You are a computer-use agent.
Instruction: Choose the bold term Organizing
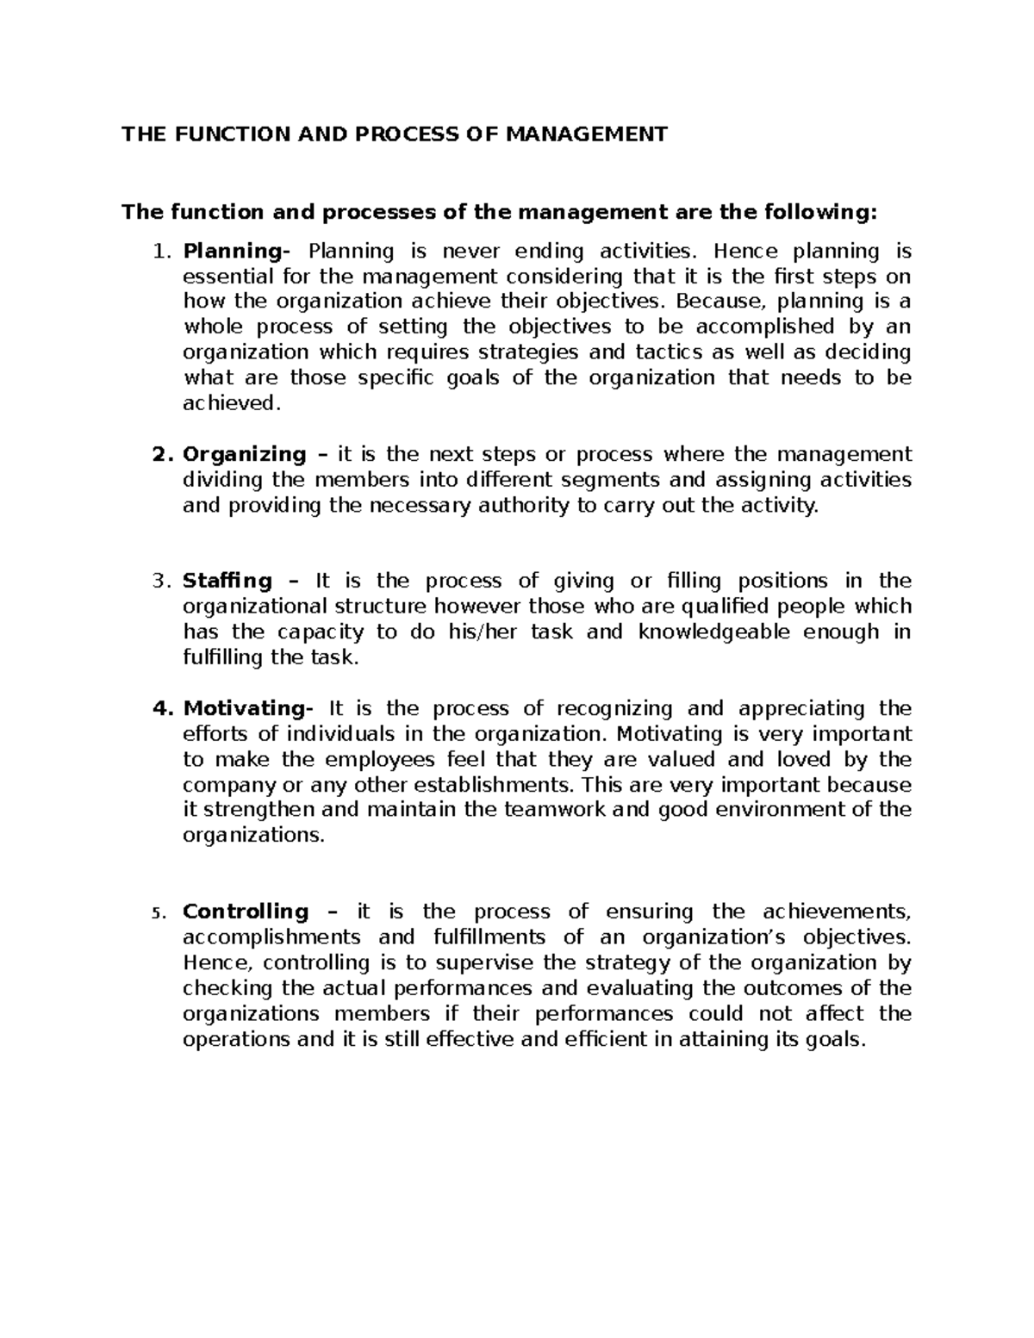[245, 454]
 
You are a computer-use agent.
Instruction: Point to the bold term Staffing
[227, 581]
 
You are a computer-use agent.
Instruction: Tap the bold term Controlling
[246, 912]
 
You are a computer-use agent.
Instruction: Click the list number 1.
[157, 252]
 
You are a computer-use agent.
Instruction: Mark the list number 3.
[157, 581]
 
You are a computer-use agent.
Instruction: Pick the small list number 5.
[156, 913]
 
